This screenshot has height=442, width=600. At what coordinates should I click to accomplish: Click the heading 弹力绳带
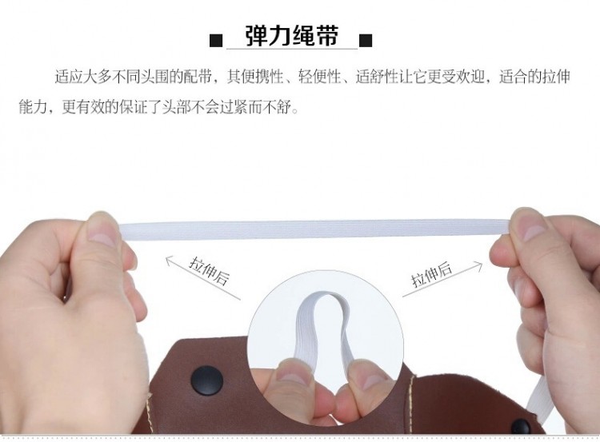291,36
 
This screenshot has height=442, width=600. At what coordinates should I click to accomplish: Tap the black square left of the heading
216,40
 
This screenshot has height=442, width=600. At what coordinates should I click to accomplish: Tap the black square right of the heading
366,40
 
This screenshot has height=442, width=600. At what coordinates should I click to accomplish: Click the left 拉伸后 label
210,273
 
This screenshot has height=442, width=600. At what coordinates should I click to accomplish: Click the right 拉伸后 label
431,274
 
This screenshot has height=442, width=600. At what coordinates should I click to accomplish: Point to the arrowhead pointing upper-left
170,261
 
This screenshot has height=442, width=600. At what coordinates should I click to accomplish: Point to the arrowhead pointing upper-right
478,265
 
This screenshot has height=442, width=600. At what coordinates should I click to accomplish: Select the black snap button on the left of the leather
207,380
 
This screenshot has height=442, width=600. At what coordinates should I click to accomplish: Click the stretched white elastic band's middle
314,229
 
